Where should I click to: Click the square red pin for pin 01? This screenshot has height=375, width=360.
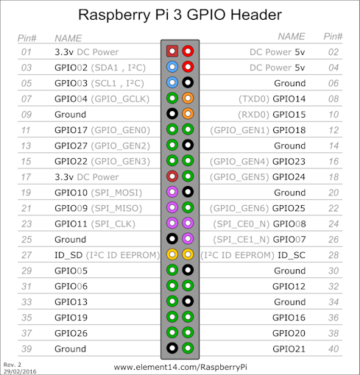pyautogui.click(x=172, y=51)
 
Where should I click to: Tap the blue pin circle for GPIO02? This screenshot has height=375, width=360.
pyautogui.click(x=172, y=67)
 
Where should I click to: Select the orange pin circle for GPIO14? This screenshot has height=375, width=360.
pyautogui.click(x=188, y=99)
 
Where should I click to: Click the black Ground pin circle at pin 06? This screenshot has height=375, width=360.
pyautogui.click(x=188, y=82)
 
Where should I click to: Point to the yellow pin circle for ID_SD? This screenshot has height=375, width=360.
pyautogui.click(x=172, y=254)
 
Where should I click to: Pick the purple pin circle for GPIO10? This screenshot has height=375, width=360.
pyautogui.click(x=172, y=192)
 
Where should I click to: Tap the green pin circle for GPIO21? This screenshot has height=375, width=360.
pyautogui.click(x=188, y=348)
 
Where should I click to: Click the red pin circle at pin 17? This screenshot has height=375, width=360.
pyautogui.click(x=172, y=176)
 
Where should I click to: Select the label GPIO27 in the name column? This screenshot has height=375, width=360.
pyautogui.click(x=71, y=146)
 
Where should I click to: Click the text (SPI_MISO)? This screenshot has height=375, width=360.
pyautogui.click(x=116, y=208)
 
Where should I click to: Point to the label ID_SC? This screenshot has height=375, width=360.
pyautogui.click(x=292, y=255)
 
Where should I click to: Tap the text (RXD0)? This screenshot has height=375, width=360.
pyautogui.click(x=253, y=115)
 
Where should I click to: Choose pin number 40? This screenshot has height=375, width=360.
pyautogui.click(x=333, y=349)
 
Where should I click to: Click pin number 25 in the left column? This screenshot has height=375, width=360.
pyautogui.click(x=27, y=240)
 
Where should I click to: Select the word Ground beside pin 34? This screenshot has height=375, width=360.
pyautogui.click(x=290, y=302)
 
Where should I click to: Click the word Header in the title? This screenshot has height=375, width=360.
pyautogui.click(x=256, y=15)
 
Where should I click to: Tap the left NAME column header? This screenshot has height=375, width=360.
pyautogui.click(x=68, y=38)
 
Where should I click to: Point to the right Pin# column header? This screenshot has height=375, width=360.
pyautogui.click(x=333, y=36)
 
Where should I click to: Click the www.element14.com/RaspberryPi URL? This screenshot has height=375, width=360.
pyautogui.click(x=180, y=367)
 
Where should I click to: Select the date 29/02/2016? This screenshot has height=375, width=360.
pyautogui.click(x=20, y=371)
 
